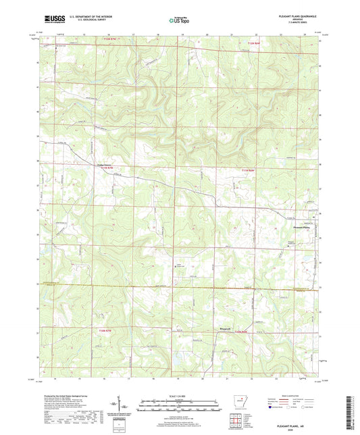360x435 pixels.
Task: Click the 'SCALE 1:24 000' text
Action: click(179, 395)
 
